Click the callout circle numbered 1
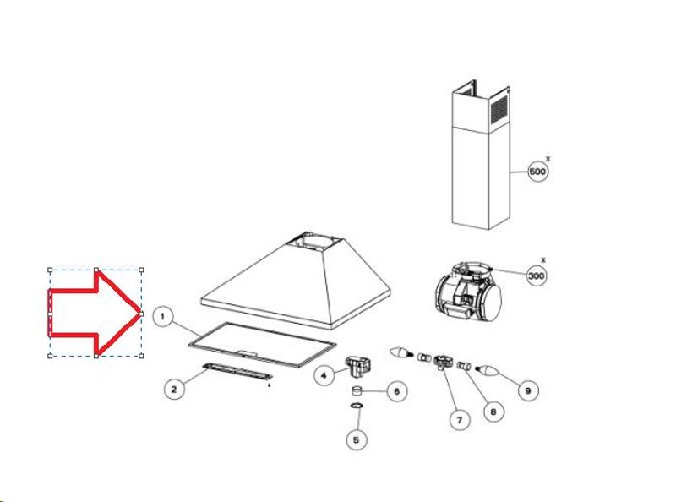[162, 317]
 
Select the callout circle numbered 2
[174, 390]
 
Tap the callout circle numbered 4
[324, 375]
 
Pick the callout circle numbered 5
[357, 440]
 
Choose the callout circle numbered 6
[396, 391]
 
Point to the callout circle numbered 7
[459, 420]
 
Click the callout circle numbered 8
[493, 412]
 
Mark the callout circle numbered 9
[527, 390]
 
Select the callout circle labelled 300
[537, 276]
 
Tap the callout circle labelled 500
[538, 172]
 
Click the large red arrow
[95, 313]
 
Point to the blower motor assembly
[468, 292]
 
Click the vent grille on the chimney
[499, 108]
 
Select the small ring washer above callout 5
[356, 406]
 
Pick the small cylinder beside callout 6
[357, 391]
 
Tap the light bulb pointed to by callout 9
[488, 370]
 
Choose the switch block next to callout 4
[357, 365]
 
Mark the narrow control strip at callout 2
[237, 372]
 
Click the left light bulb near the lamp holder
[401, 352]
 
